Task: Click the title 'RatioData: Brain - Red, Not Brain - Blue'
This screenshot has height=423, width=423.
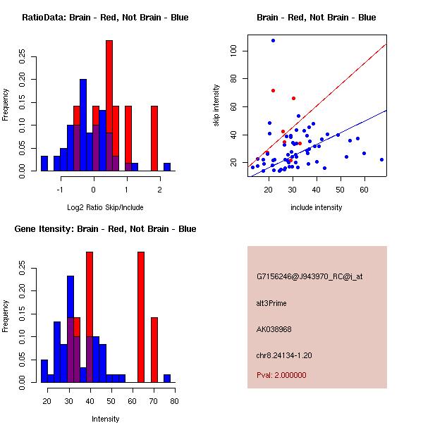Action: click(x=105, y=18)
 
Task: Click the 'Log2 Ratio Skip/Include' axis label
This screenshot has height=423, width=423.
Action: click(x=105, y=207)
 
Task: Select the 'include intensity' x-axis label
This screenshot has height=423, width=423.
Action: click(x=317, y=207)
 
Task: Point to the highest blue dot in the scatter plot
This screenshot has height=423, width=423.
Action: click(x=273, y=40)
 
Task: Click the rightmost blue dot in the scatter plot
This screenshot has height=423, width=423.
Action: click(x=381, y=159)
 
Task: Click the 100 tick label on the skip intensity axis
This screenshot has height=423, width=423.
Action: click(x=233, y=51)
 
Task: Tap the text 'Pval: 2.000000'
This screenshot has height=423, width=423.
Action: click(x=281, y=375)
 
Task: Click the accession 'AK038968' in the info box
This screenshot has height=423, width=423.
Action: click(x=276, y=329)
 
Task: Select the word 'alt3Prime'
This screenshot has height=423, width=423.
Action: click(x=271, y=303)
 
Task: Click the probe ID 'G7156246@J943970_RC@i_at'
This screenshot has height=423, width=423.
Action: click(x=309, y=277)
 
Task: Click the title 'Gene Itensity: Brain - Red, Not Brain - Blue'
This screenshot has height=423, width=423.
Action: click(x=105, y=229)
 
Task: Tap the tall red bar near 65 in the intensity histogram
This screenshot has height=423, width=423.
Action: click(x=141, y=317)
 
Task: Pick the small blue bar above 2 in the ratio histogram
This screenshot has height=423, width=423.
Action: click(x=167, y=166)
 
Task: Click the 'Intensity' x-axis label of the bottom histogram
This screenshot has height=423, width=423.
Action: click(x=105, y=419)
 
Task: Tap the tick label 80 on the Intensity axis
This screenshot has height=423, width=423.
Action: click(x=174, y=401)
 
